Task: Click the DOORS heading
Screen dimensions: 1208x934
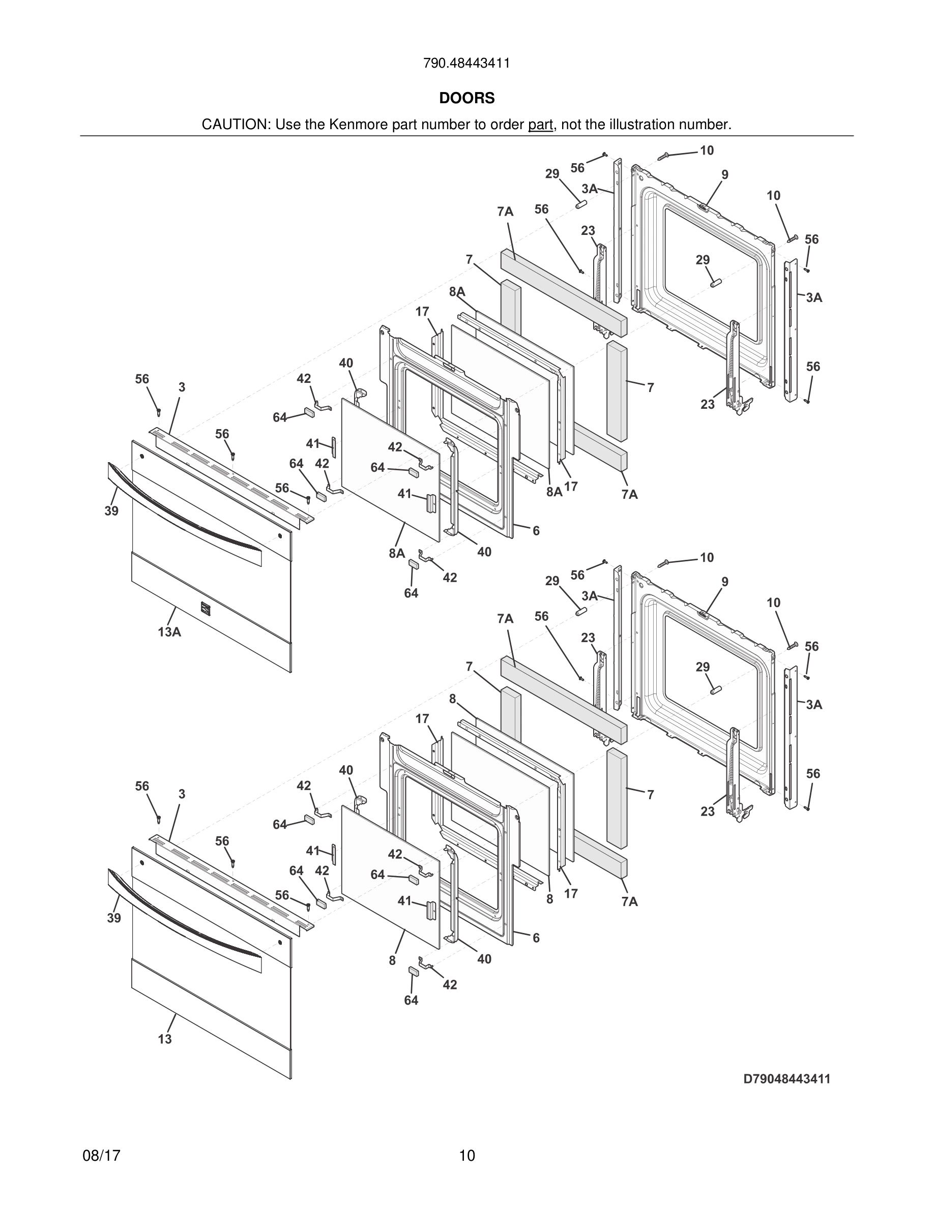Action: [466, 98]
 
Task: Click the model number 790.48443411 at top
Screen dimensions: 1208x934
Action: [466, 63]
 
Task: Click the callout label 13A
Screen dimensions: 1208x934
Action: [169, 631]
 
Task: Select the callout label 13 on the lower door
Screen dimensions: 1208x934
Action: [165, 1039]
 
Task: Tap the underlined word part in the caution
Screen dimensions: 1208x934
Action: [540, 125]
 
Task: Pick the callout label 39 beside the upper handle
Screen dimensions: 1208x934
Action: [112, 510]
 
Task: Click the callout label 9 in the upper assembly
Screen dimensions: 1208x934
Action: [724, 175]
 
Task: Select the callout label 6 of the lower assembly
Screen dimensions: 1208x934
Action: [536, 938]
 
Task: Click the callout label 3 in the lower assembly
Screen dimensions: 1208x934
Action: [182, 794]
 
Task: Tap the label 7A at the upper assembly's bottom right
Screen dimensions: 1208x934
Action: [629, 495]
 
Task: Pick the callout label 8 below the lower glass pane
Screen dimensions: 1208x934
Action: [392, 960]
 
